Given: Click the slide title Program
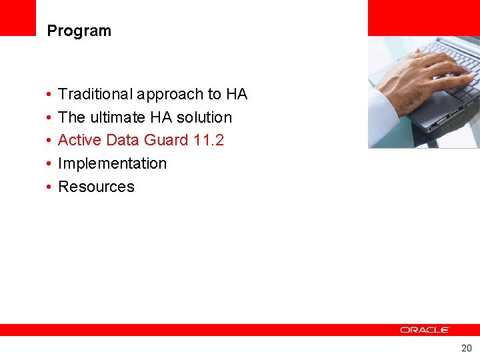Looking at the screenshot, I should click(x=79, y=31).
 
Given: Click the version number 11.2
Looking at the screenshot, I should click(x=208, y=140).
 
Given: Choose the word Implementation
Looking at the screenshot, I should click(x=112, y=163).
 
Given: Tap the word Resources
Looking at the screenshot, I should click(x=96, y=187).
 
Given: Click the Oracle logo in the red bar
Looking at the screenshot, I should click(x=425, y=330).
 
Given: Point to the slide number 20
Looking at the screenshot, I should click(x=466, y=348).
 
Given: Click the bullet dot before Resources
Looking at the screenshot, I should click(x=49, y=187).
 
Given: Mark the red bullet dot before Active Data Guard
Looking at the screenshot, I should click(x=49, y=141).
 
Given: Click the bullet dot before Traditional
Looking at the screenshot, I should click(x=49, y=95).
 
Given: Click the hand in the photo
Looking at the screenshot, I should click(x=417, y=73).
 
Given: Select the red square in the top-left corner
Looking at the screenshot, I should click(x=17, y=17).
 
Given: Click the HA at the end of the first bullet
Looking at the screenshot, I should click(x=236, y=94).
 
